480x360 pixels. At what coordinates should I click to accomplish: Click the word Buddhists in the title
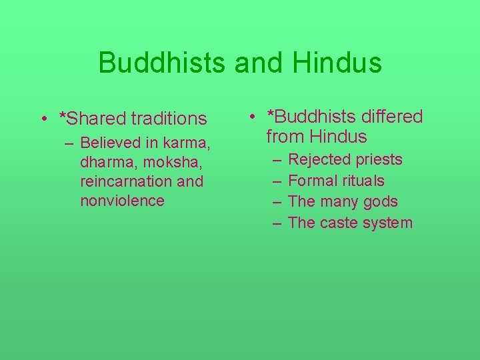point(161,63)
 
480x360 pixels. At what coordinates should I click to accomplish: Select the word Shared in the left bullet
point(97,119)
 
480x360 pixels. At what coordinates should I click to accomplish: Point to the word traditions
point(169,119)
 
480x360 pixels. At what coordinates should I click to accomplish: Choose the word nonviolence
point(122,201)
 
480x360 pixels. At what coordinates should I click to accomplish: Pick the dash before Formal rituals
point(276,181)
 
